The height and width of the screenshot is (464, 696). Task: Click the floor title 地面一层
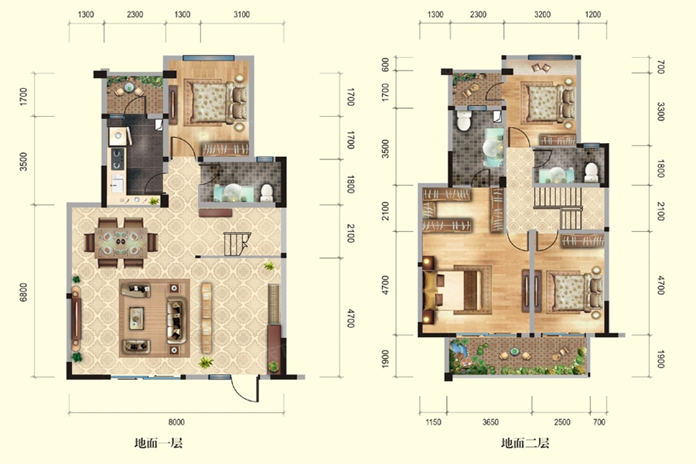(x=159, y=442)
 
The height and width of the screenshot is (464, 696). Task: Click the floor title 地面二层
(x=525, y=442)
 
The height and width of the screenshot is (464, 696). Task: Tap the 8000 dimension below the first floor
(x=176, y=421)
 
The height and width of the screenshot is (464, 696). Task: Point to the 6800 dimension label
(x=23, y=292)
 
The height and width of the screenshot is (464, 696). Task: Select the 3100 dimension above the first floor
(x=241, y=14)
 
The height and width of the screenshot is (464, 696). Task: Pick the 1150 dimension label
(x=433, y=421)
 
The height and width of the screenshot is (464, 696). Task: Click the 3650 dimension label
(x=490, y=421)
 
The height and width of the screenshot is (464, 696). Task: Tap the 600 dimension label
(x=385, y=65)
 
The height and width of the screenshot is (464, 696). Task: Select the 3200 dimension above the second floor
(x=542, y=14)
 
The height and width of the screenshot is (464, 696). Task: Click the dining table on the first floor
(x=121, y=243)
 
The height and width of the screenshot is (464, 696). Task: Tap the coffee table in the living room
(x=136, y=318)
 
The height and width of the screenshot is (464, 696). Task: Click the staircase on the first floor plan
(x=237, y=244)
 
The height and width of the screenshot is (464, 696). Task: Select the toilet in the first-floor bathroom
(x=266, y=193)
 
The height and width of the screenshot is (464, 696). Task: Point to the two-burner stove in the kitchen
(x=118, y=159)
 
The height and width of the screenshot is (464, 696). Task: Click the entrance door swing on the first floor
(x=244, y=389)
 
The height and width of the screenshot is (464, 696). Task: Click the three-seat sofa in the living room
(x=176, y=320)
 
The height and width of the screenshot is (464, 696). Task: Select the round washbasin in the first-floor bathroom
(x=233, y=193)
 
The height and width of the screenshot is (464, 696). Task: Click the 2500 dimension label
(x=562, y=421)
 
